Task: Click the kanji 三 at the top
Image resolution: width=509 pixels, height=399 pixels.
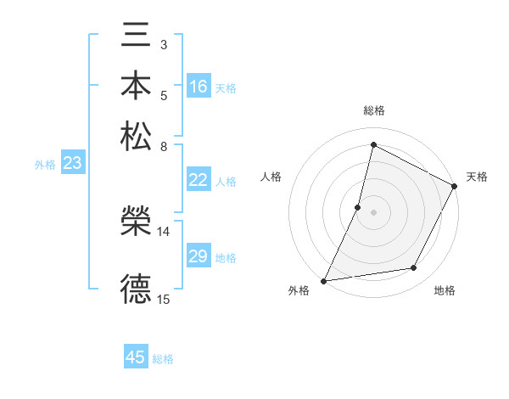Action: (x=136, y=39)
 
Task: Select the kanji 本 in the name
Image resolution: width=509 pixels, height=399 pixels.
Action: (x=136, y=88)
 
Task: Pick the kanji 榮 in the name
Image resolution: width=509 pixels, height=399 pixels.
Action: (x=136, y=223)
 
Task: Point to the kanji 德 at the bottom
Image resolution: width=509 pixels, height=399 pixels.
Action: (x=136, y=288)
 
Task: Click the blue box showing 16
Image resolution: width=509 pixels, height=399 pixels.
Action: (x=199, y=87)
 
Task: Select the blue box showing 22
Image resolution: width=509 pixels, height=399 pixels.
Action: (x=199, y=180)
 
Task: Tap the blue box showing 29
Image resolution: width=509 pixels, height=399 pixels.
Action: (x=199, y=256)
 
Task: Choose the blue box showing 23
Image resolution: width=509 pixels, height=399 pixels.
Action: (x=72, y=164)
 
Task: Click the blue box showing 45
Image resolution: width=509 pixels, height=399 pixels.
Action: (x=136, y=357)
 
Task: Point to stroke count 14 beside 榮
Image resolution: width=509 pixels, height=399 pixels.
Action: (x=164, y=231)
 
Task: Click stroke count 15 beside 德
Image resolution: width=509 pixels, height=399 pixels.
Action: (x=164, y=299)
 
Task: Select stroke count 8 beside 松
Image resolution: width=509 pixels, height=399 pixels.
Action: (x=164, y=145)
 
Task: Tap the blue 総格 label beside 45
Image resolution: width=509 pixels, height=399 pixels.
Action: (x=163, y=359)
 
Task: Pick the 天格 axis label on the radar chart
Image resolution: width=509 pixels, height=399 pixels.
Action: (x=477, y=177)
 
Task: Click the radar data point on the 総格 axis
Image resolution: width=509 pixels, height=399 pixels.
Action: (x=373, y=145)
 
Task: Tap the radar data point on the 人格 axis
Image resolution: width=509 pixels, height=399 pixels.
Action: (x=358, y=207)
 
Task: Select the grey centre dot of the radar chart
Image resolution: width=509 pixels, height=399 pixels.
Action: (x=373, y=212)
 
